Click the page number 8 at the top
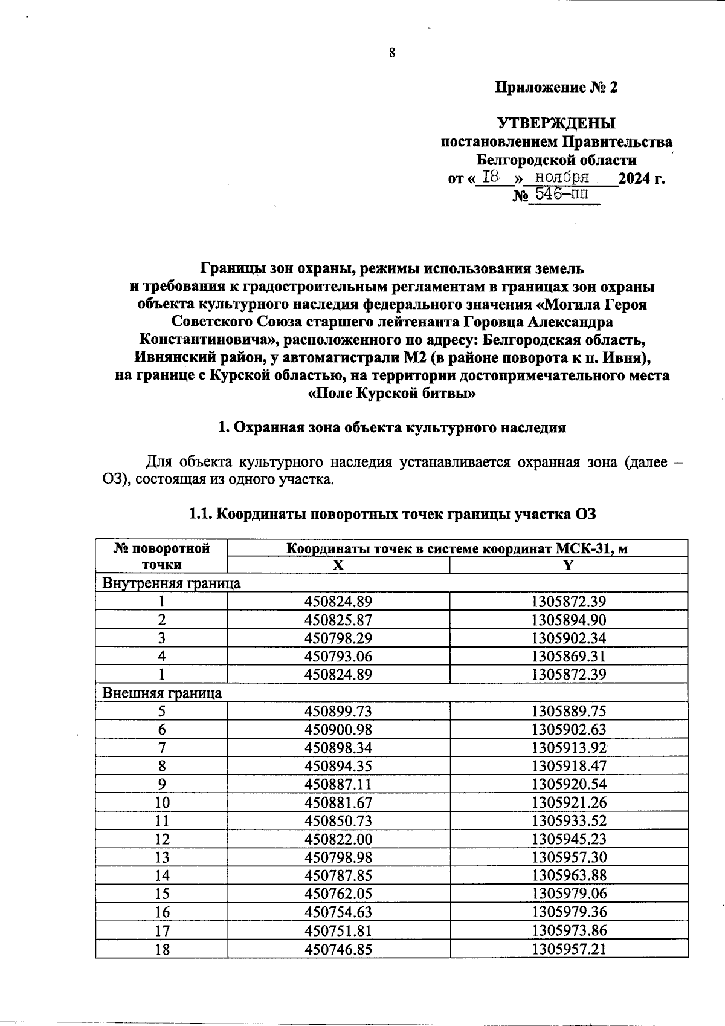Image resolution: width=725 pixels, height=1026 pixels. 391,53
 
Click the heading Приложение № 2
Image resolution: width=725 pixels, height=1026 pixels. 556,88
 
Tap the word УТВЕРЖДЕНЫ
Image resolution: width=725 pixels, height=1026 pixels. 556,124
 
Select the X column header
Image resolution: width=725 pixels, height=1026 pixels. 338,565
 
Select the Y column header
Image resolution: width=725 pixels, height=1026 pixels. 568,565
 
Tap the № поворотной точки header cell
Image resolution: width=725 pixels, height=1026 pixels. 161,556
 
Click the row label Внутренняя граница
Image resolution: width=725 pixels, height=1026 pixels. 172,583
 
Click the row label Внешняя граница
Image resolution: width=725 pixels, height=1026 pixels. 162,693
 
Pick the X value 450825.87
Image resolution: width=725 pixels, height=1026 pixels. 338,620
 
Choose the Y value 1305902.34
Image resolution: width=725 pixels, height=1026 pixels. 569,638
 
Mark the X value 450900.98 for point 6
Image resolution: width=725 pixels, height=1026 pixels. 338,729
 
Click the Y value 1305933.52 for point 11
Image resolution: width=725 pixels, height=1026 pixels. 569,820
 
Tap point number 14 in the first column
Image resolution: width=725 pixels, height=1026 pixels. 161,875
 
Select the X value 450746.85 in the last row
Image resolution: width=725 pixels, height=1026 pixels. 338,949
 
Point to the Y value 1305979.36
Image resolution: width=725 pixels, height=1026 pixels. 569,912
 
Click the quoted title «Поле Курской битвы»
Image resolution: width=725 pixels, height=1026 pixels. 392,394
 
